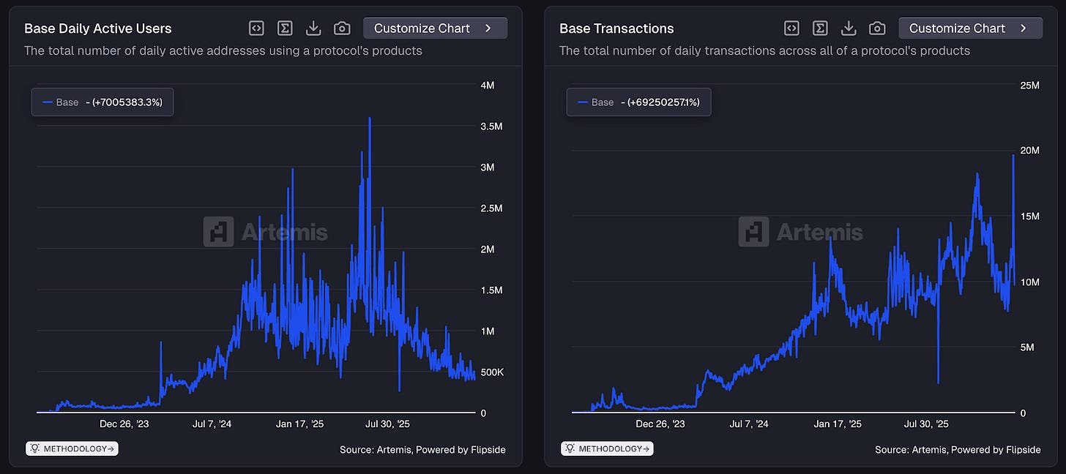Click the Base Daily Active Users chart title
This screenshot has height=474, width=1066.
pos(97,29)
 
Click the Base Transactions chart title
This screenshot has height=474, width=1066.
pos(616,29)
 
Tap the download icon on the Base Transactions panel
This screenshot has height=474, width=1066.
pos(849,28)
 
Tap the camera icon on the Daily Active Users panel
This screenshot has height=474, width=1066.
pos(342,28)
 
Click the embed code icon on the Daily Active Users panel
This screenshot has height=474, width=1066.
pos(256,28)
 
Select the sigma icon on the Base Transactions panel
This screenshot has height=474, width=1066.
pos(821,28)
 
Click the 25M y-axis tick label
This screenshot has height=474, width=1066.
pos(1029,86)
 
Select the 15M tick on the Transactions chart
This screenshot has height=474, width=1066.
pos(1029,217)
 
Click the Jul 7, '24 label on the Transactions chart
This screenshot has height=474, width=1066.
pos(750,424)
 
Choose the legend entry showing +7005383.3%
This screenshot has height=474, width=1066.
pos(102,102)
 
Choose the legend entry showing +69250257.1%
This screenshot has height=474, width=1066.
pos(638,102)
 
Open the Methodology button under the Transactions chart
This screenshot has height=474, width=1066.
pos(607,448)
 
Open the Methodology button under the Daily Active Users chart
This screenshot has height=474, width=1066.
pos(72,448)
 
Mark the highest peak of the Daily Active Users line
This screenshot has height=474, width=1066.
pos(370,118)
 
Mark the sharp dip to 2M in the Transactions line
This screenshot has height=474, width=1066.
pos(938,381)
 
